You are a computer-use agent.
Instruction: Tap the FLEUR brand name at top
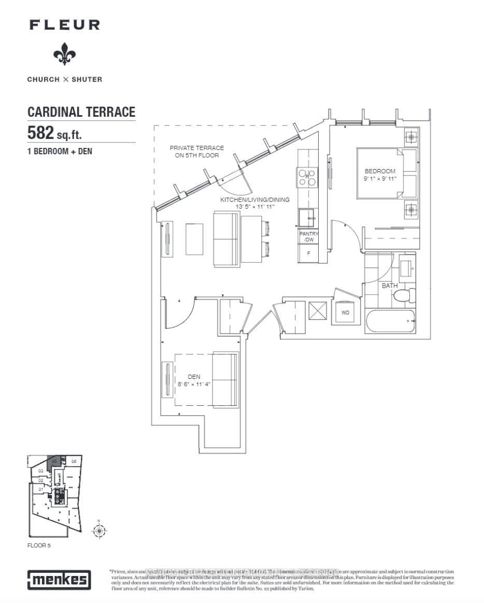[x=65, y=24]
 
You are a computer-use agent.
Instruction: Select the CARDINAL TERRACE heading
[x=81, y=112]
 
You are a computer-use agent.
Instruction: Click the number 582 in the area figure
[x=41, y=133]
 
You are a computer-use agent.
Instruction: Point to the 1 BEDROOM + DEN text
[x=60, y=152]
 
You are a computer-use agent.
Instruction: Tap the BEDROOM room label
[x=380, y=171]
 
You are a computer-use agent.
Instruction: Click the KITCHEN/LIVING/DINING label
[x=255, y=200]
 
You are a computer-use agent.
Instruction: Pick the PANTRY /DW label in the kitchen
[x=309, y=237]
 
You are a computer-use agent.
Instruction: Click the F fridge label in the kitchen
[x=309, y=253]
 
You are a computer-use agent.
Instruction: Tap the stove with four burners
[x=308, y=178]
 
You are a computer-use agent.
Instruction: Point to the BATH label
[x=389, y=286]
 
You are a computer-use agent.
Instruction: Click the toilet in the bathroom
[x=403, y=296]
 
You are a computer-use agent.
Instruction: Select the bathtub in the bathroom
[x=390, y=321]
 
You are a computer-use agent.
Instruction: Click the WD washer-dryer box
[x=345, y=313]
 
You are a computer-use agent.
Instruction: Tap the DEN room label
[x=194, y=377]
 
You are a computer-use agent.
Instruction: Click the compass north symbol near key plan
[x=98, y=530]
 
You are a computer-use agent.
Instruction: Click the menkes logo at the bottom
[x=59, y=580]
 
